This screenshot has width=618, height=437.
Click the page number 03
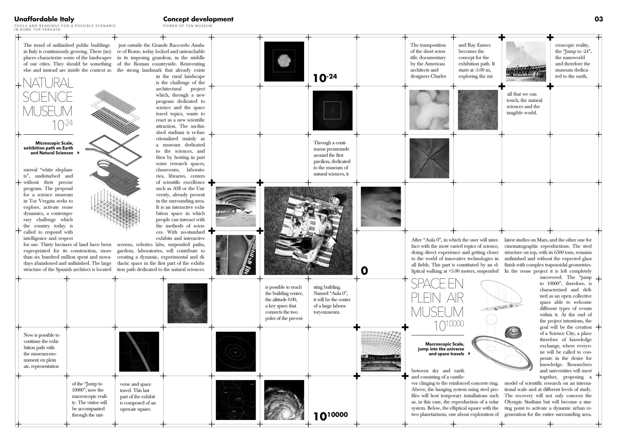[598, 19]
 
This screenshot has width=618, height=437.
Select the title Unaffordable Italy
[44, 19]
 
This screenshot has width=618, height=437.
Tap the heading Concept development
[198, 19]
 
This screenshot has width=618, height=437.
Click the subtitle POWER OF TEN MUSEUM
[187, 26]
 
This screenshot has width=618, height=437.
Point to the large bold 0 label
[364, 271]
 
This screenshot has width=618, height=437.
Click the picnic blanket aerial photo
[308, 231]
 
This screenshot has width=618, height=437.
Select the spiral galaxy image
[284, 400]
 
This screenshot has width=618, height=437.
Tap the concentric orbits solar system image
[236, 352]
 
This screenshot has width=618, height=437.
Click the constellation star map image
[236, 400]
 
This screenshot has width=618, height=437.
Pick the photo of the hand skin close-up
[380, 206]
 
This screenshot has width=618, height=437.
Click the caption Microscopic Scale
[54, 143]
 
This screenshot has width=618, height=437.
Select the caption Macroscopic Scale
[445, 344]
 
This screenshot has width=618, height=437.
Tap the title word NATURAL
[48, 83]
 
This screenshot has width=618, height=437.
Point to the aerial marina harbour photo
[236, 255]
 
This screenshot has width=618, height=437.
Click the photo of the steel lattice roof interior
[380, 351]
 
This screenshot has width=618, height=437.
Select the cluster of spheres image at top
[284, 62]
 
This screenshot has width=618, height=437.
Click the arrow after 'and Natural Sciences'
[78, 153]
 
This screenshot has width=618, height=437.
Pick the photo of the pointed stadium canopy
[526, 62]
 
